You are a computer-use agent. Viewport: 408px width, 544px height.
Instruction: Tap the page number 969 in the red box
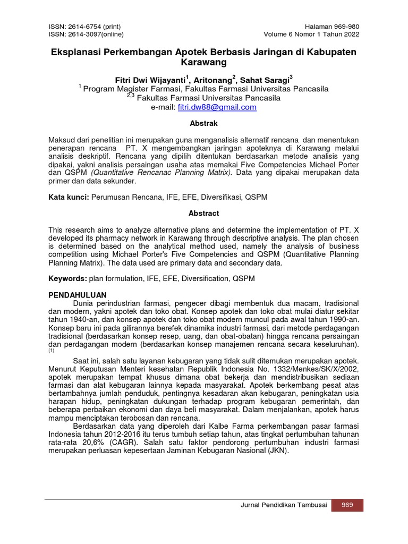[x=347, y=505]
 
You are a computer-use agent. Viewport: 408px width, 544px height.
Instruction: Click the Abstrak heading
[x=204, y=123]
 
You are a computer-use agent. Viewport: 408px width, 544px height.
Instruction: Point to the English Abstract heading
[x=204, y=213]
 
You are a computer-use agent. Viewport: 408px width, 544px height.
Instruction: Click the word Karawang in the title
[x=204, y=63]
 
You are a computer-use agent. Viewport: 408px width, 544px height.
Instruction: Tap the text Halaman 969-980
[x=331, y=27]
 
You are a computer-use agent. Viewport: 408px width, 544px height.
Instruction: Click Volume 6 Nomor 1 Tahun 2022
[x=311, y=35]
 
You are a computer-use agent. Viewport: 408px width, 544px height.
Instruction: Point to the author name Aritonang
[x=212, y=80]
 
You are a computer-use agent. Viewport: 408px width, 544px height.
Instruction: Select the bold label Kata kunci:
[x=69, y=197]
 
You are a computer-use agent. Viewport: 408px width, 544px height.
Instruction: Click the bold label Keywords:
[x=68, y=278]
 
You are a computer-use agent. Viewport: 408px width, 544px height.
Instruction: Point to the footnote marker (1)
[x=52, y=351]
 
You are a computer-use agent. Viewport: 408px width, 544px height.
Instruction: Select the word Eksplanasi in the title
[x=76, y=52]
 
